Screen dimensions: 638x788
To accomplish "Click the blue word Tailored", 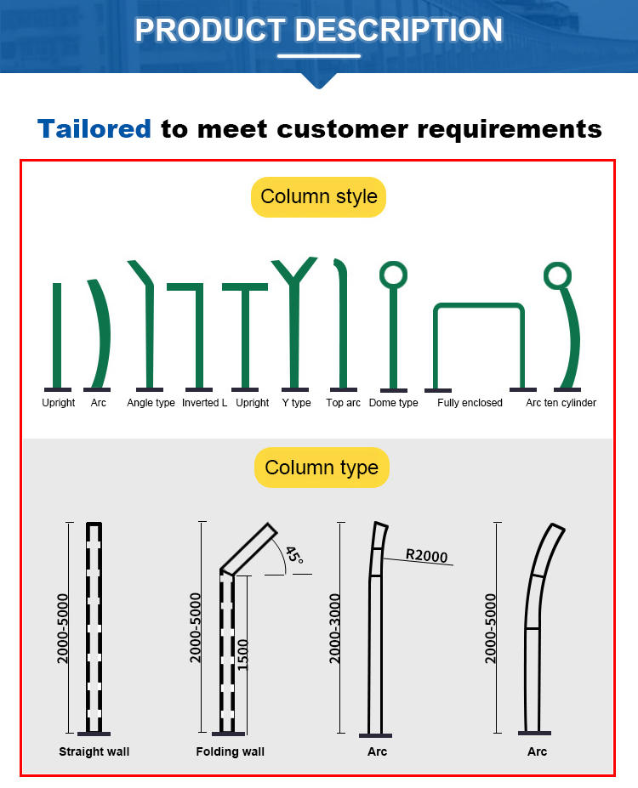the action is [94, 128].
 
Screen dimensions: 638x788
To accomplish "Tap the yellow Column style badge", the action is [319, 197].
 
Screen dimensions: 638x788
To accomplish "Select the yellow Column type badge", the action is [322, 468].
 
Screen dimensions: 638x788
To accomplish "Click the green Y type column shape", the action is [294, 321].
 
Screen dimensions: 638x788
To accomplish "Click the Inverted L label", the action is [205, 403].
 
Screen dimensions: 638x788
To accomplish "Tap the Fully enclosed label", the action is [470, 403].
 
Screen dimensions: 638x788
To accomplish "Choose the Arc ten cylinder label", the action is [561, 403].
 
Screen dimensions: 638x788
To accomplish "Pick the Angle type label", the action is [151, 403].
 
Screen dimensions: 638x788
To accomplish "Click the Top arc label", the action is [343, 403].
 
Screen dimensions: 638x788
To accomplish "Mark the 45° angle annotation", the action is [294, 555].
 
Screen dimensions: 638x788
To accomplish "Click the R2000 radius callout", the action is [426, 555].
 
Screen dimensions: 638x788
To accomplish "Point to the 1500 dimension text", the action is [242, 655].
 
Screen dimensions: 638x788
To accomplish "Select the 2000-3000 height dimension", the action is [334, 628].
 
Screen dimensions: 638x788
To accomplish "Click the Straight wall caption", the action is [94, 751].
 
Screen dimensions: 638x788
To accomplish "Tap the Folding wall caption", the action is [231, 751].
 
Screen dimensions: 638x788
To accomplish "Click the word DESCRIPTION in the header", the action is [399, 30].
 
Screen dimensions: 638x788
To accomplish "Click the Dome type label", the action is [393, 403].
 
